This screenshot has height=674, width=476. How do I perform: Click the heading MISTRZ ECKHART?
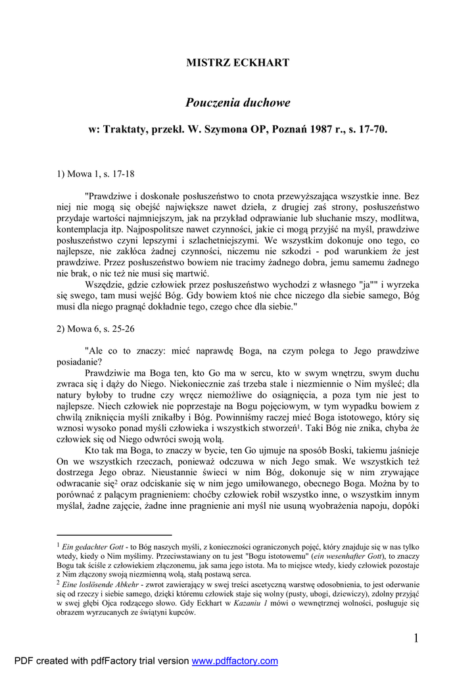(x=237, y=63)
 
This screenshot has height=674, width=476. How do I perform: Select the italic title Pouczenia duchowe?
(x=237, y=103)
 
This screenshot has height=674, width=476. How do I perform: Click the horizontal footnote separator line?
(x=114, y=535)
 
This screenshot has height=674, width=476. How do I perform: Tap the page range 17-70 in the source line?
(x=371, y=130)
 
